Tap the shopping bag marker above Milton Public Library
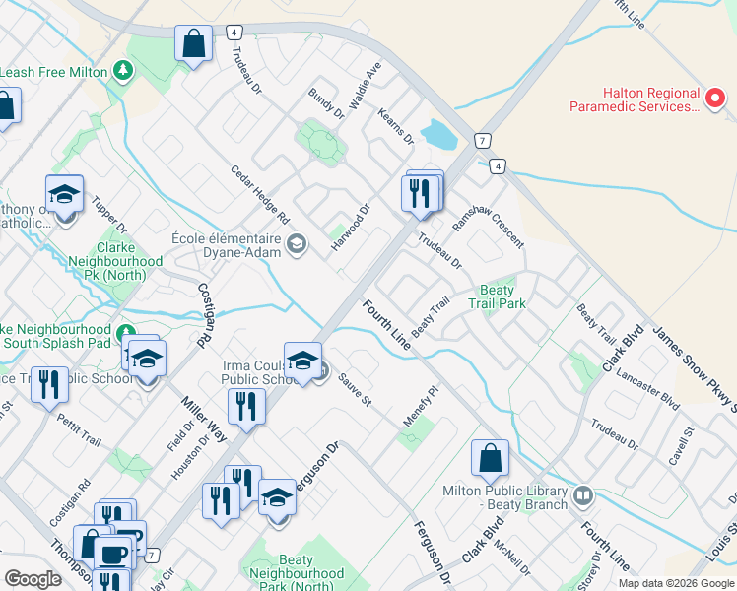pos(490,459)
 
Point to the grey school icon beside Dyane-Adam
pos(296,244)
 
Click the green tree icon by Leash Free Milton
pos(122,71)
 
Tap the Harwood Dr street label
pos(351,228)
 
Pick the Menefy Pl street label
pos(419,407)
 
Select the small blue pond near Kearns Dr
pos(438,134)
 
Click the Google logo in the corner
pos(33,578)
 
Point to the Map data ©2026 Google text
pos(675,583)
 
